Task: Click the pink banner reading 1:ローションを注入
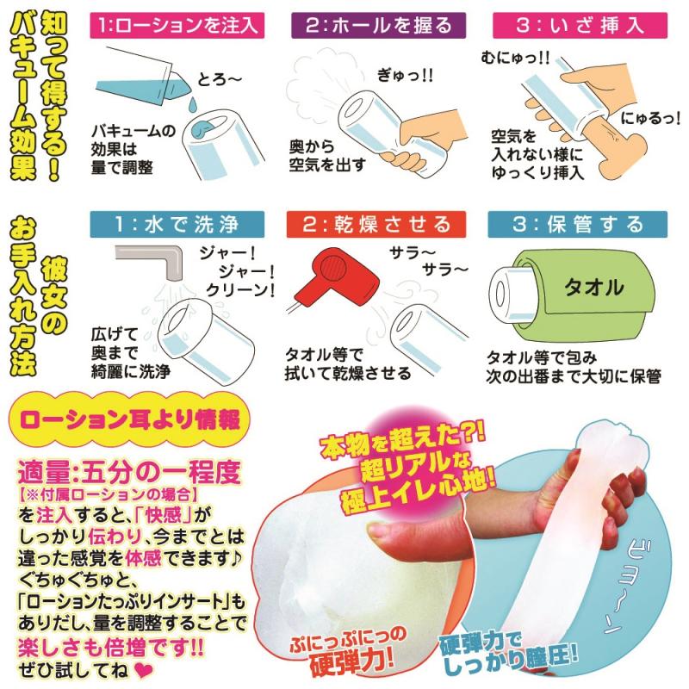177,25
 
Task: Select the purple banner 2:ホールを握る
378,25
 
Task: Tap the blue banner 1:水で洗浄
177,224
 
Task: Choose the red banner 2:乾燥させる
376,224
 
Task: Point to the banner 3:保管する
577,224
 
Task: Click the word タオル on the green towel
594,288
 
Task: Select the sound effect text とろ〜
220,79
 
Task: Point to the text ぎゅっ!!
405,76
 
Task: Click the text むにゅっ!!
514,58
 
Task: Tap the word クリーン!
240,290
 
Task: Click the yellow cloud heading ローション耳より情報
130,419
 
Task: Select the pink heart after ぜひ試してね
143,670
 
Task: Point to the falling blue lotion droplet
192,105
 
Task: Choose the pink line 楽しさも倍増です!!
111,648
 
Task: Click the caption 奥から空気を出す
327,156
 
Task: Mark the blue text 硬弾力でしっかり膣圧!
510,653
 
